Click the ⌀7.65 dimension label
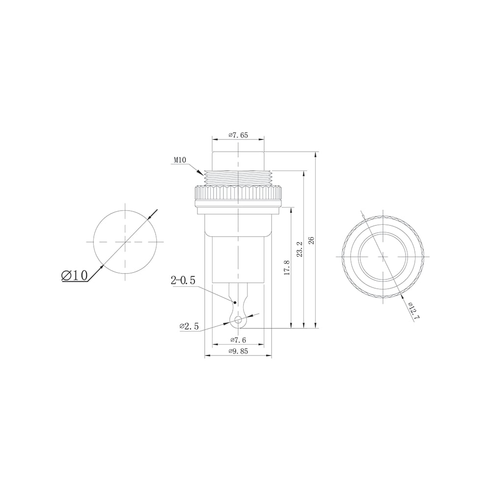click(x=238, y=135)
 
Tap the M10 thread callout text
click(x=180, y=160)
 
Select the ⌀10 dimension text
click(x=75, y=275)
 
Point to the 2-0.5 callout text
click(x=183, y=280)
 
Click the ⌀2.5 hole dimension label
click(x=189, y=327)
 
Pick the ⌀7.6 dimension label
click(x=238, y=340)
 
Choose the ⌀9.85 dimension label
click(x=238, y=352)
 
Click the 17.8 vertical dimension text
click(x=287, y=268)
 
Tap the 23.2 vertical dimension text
click(x=300, y=249)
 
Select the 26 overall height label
click(x=311, y=240)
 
